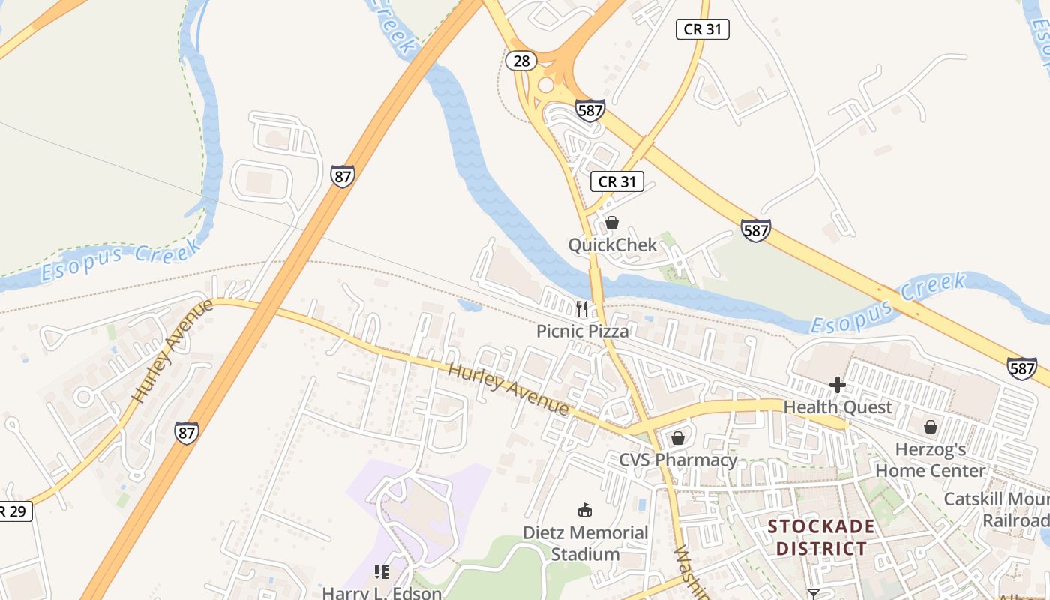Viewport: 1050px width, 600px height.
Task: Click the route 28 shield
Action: pyautogui.click(x=520, y=61)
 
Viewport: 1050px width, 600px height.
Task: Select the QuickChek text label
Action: pyautogui.click(x=612, y=244)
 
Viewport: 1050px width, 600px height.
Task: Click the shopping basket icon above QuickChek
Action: pyautogui.click(x=612, y=223)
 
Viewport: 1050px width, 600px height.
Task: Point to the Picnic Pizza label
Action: pyautogui.click(x=582, y=330)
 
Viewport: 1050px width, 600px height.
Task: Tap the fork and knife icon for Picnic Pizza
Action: pyautogui.click(x=582, y=308)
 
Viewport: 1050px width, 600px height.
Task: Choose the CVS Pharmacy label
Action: pyautogui.click(x=678, y=460)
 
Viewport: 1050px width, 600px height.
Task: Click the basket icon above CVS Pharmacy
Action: pyautogui.click(x=678, y=438)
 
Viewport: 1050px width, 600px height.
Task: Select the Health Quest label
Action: pyautogui.click(x=838, y=407)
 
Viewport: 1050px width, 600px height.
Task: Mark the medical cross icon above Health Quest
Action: pyautogui.click(x=838, y=385)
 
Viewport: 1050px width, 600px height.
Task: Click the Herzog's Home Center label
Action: pyautogui.click(x=931, y=460)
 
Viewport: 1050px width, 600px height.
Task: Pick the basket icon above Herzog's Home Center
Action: pyautogui.click(x=931, y=427)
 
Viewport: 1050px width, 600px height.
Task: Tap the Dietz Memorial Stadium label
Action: pyautogui.click(x=585, y=543)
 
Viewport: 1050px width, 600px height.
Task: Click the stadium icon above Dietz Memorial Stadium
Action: pyautogui.click(x=585, y=511)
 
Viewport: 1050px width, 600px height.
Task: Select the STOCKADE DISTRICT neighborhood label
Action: pyautogui.click(x=821, y=537)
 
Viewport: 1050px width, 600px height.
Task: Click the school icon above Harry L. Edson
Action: pyautogui.click(x=382, y=572)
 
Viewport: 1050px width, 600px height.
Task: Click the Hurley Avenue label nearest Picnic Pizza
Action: pyautogui.click(x=508, y=388)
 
